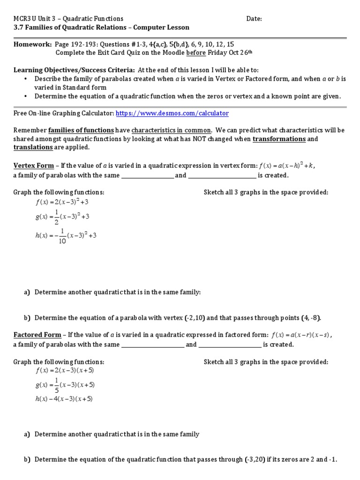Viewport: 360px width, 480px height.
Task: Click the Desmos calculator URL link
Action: [x=172, y=113]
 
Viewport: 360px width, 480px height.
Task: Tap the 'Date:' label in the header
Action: [x=254, y=19]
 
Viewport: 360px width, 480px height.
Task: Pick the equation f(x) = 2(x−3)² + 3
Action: [x=62, y=202]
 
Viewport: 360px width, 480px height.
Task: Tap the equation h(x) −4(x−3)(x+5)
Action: [x=64, y=399]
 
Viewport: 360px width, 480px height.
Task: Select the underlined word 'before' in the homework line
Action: [x=196, y=52]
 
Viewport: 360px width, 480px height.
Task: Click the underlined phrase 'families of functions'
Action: [x=81, y=130]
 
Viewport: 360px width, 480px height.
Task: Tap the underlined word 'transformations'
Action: [x=279, y=139]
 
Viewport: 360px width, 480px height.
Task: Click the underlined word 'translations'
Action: [x=33, y=147]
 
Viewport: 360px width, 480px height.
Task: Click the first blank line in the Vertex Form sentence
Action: [x=147, y=175]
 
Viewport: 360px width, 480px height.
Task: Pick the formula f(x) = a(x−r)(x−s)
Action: [x=304, y=335]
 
